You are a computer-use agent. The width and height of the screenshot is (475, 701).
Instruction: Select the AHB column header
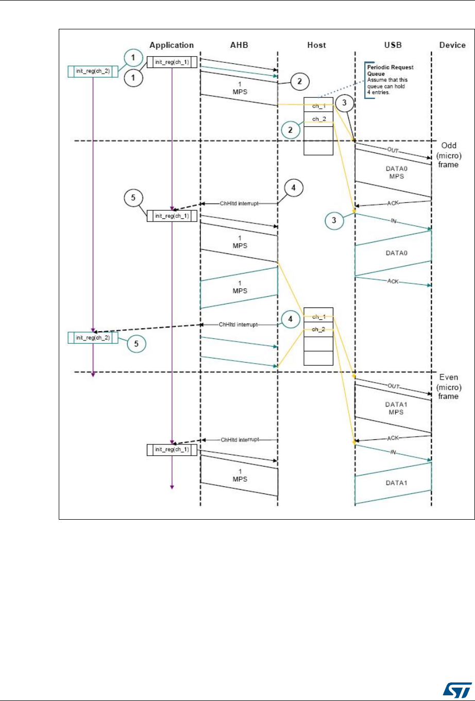click(x=239, y=45)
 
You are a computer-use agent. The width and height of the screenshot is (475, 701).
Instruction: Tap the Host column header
click(x=316, y=45)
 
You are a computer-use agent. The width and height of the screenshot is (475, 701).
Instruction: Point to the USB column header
click(x=393, y=45)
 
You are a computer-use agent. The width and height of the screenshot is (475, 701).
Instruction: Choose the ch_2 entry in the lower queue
click(x=318, y=329)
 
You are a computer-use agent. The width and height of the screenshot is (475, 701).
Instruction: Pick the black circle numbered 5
click(x=131, y=197)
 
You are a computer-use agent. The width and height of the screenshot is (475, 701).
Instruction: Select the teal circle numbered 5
click(x=137, y=344)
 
